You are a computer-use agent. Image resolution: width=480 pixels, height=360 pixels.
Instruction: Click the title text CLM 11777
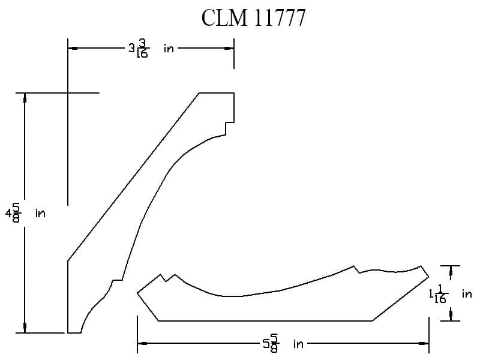pos(253,17)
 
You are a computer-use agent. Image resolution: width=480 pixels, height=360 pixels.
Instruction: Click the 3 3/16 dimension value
pos(139,49)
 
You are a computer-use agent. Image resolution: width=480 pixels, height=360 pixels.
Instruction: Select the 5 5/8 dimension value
pos(271,343)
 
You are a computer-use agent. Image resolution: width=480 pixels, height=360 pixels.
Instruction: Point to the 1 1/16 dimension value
pos(439,294)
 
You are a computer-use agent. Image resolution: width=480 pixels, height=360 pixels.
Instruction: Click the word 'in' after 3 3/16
pos(169,49)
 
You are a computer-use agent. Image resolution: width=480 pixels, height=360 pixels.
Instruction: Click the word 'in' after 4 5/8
pos(40,213)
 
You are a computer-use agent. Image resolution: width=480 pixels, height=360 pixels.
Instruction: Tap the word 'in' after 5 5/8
pos(298,344)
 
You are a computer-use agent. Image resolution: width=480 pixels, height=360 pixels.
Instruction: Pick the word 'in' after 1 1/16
pos(467,294)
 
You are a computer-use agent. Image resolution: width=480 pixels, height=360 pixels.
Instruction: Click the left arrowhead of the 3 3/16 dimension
pos(73,49)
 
